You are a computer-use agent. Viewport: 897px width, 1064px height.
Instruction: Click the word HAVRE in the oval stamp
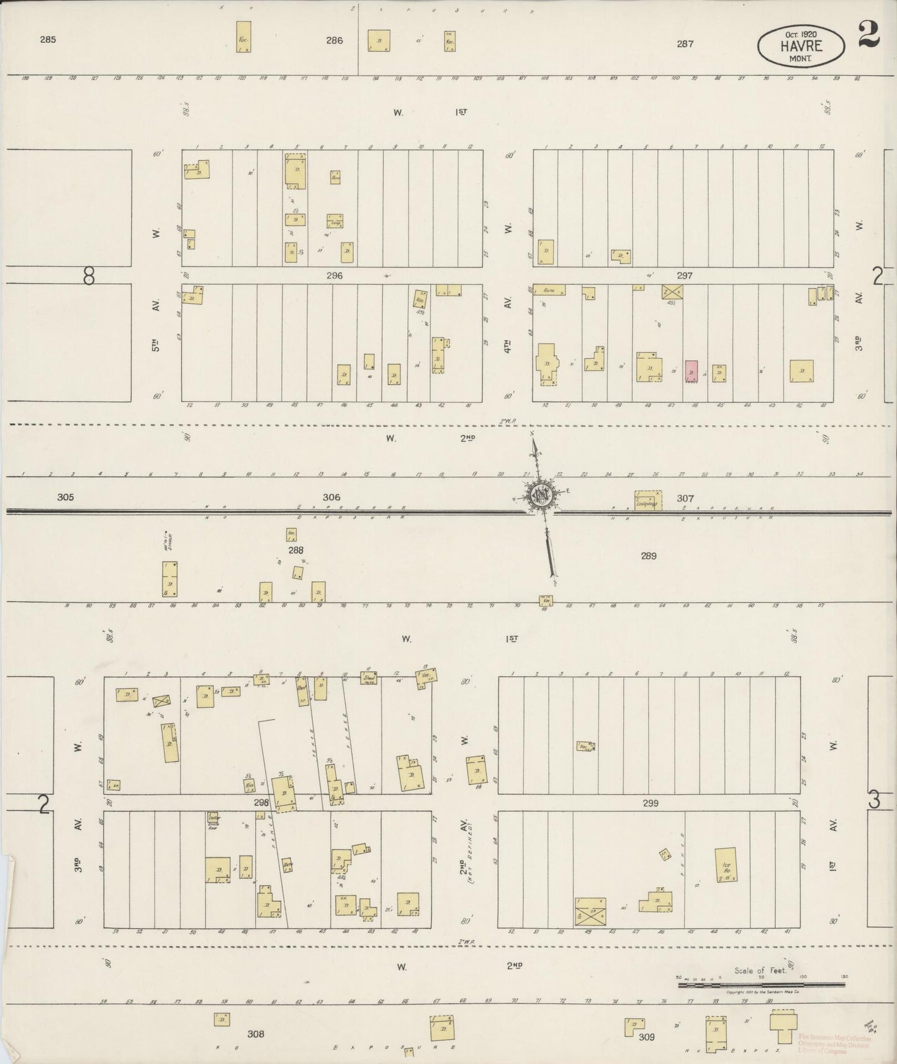coord(801,45)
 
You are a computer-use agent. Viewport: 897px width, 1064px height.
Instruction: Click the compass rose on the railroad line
coord(538,496)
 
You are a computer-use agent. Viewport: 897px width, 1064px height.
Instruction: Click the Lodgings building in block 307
coord(647,501)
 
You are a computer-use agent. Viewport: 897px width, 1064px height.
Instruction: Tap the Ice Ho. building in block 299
coord(726,865)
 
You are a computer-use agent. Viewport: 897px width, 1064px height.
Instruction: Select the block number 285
coord(48,39)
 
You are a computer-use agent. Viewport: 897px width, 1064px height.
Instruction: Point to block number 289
coord(649,556)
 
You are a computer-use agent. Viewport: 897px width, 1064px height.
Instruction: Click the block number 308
coord(256,1034)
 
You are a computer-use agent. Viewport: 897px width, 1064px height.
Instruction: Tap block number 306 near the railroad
coord(331,497)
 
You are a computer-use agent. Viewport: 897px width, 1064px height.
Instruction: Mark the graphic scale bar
coord(761,985)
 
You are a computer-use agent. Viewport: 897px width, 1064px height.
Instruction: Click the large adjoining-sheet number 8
coord(89,277)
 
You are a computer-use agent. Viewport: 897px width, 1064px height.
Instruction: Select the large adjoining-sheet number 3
coord(874,801)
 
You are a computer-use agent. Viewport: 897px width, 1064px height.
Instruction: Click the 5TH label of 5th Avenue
coord(157,345)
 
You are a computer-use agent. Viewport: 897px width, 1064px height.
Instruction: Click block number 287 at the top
coord(685,43)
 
